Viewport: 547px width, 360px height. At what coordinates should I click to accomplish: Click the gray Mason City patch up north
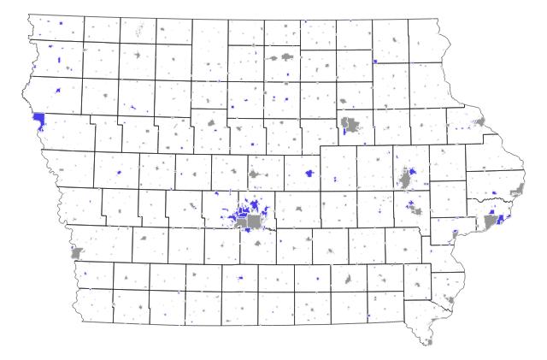279,58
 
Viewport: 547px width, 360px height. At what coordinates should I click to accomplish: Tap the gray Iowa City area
418,209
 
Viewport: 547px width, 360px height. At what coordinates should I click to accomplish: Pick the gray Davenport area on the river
491,221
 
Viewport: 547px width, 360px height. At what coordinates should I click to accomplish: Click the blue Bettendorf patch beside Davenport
498,217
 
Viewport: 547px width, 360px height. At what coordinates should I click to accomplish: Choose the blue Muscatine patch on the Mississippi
456,232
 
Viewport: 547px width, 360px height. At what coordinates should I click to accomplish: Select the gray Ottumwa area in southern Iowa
348,280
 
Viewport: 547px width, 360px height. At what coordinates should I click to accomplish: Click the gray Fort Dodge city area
211,123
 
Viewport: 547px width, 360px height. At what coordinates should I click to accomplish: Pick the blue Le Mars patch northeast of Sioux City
57,91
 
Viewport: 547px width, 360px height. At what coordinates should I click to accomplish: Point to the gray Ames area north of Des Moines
254,175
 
